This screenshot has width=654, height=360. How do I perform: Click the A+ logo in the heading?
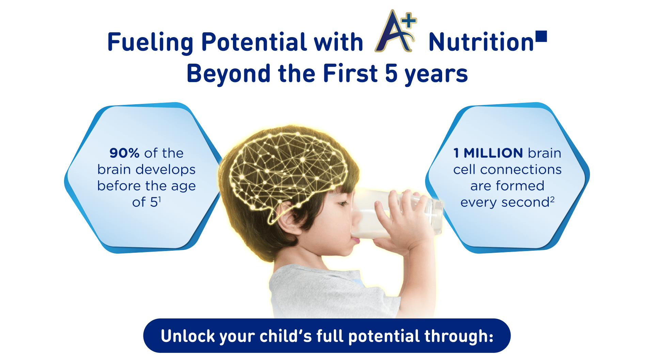(395, 31)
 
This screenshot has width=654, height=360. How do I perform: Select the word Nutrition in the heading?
(481, 42)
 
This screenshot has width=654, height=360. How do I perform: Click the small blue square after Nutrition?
(541, 36)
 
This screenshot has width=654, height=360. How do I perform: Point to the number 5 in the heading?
(391, 74)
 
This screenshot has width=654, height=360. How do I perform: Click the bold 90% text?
(124, 153)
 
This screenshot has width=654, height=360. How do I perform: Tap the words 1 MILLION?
(488, 153)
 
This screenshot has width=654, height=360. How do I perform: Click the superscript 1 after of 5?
(159, 199)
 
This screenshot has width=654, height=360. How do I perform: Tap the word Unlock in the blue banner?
(188, 336)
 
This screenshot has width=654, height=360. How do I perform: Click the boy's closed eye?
(342, 204)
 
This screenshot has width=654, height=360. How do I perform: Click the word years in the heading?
(436, 75)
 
